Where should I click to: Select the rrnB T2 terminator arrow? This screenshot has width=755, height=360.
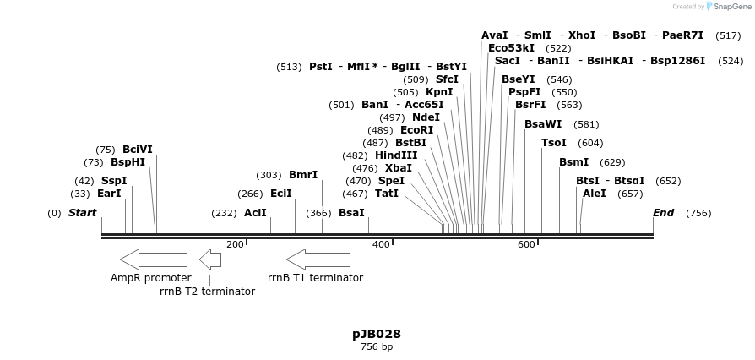[x=209, y=259]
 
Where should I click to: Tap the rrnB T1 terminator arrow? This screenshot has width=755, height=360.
[x=318, y=259]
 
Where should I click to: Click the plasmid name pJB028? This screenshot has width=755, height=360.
[x=377, y=334]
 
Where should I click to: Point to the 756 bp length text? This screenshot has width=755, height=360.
[x=377, y=347]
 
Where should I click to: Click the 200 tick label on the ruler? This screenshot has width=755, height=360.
[x=235, y=244]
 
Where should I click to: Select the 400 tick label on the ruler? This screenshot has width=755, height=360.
[x=381, y=244]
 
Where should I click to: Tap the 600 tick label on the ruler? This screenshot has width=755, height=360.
[x=526, y=244]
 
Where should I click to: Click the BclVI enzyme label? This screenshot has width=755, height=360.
[x=138, y=150]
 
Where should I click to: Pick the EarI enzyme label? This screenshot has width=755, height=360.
[x=109, y=194]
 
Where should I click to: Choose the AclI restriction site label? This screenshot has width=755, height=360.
[x=255, y=213]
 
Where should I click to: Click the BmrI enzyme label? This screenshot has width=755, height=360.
[x=303, y=175]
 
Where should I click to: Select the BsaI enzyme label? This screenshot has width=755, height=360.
[x=351, y=213]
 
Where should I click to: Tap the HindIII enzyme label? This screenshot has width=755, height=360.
[x=396, y=155]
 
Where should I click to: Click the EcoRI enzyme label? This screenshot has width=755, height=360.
[x=416, y=130]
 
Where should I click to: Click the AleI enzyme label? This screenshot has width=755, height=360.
[x=595, y=194]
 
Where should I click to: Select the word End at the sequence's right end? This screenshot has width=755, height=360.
[x=663, y=213]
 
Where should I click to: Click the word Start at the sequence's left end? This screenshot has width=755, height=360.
[x=82, y=213]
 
